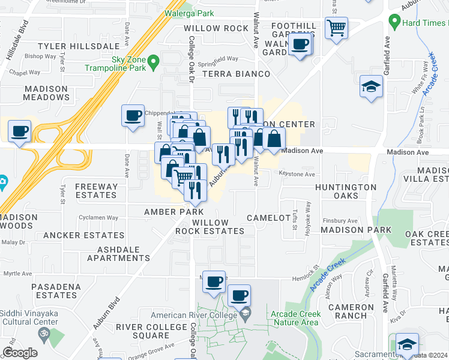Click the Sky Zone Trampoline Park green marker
[x=154, y=61]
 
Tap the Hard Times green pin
[x=394, y=23]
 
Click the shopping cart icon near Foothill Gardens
[x=336, y=27]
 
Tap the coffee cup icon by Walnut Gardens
[x=300, y=43]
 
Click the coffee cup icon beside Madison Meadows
[x=20, y=130]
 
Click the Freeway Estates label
[x=96, y=191]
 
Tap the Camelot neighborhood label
[x=268, y=218]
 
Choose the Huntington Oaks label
[x=346, y=191]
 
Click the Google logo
[x=20, y=353]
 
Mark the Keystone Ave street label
[x=297, y=174]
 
